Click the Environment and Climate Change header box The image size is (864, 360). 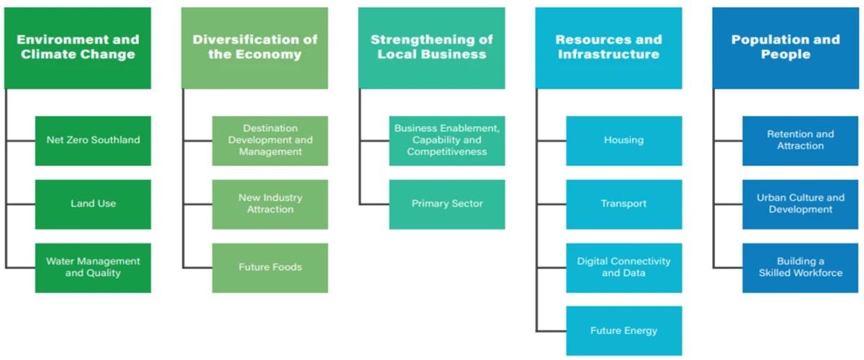(x=78, y=48)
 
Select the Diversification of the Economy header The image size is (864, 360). (x=255, y=48)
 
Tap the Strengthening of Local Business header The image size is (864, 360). (x=432, y=48)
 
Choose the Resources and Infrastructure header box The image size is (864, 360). (x=609, y=48)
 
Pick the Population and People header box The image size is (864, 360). (x=786, y=48)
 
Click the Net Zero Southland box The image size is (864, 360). (x=93, y=140)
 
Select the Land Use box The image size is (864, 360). (x=93, y=204)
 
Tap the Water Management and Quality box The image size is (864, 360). (x=93, y=267)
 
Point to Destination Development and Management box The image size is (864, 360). (x=270, y=140)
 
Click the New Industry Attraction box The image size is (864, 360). (x=270, y=204)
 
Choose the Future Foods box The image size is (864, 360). (x=270, y=267)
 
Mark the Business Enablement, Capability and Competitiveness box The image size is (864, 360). (x=447, y=140)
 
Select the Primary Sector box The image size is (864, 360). (x=447, y=204)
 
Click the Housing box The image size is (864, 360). (x=624, y=140)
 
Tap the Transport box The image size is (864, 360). (x=624, y=204)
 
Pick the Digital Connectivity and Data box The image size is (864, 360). (x=624, y=267)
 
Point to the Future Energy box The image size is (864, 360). (x=624, y=330)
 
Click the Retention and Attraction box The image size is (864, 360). (x=801, y=140)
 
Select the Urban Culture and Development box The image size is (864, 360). (x=801, y=204)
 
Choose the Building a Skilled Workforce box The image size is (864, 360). (x=801, y=267)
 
